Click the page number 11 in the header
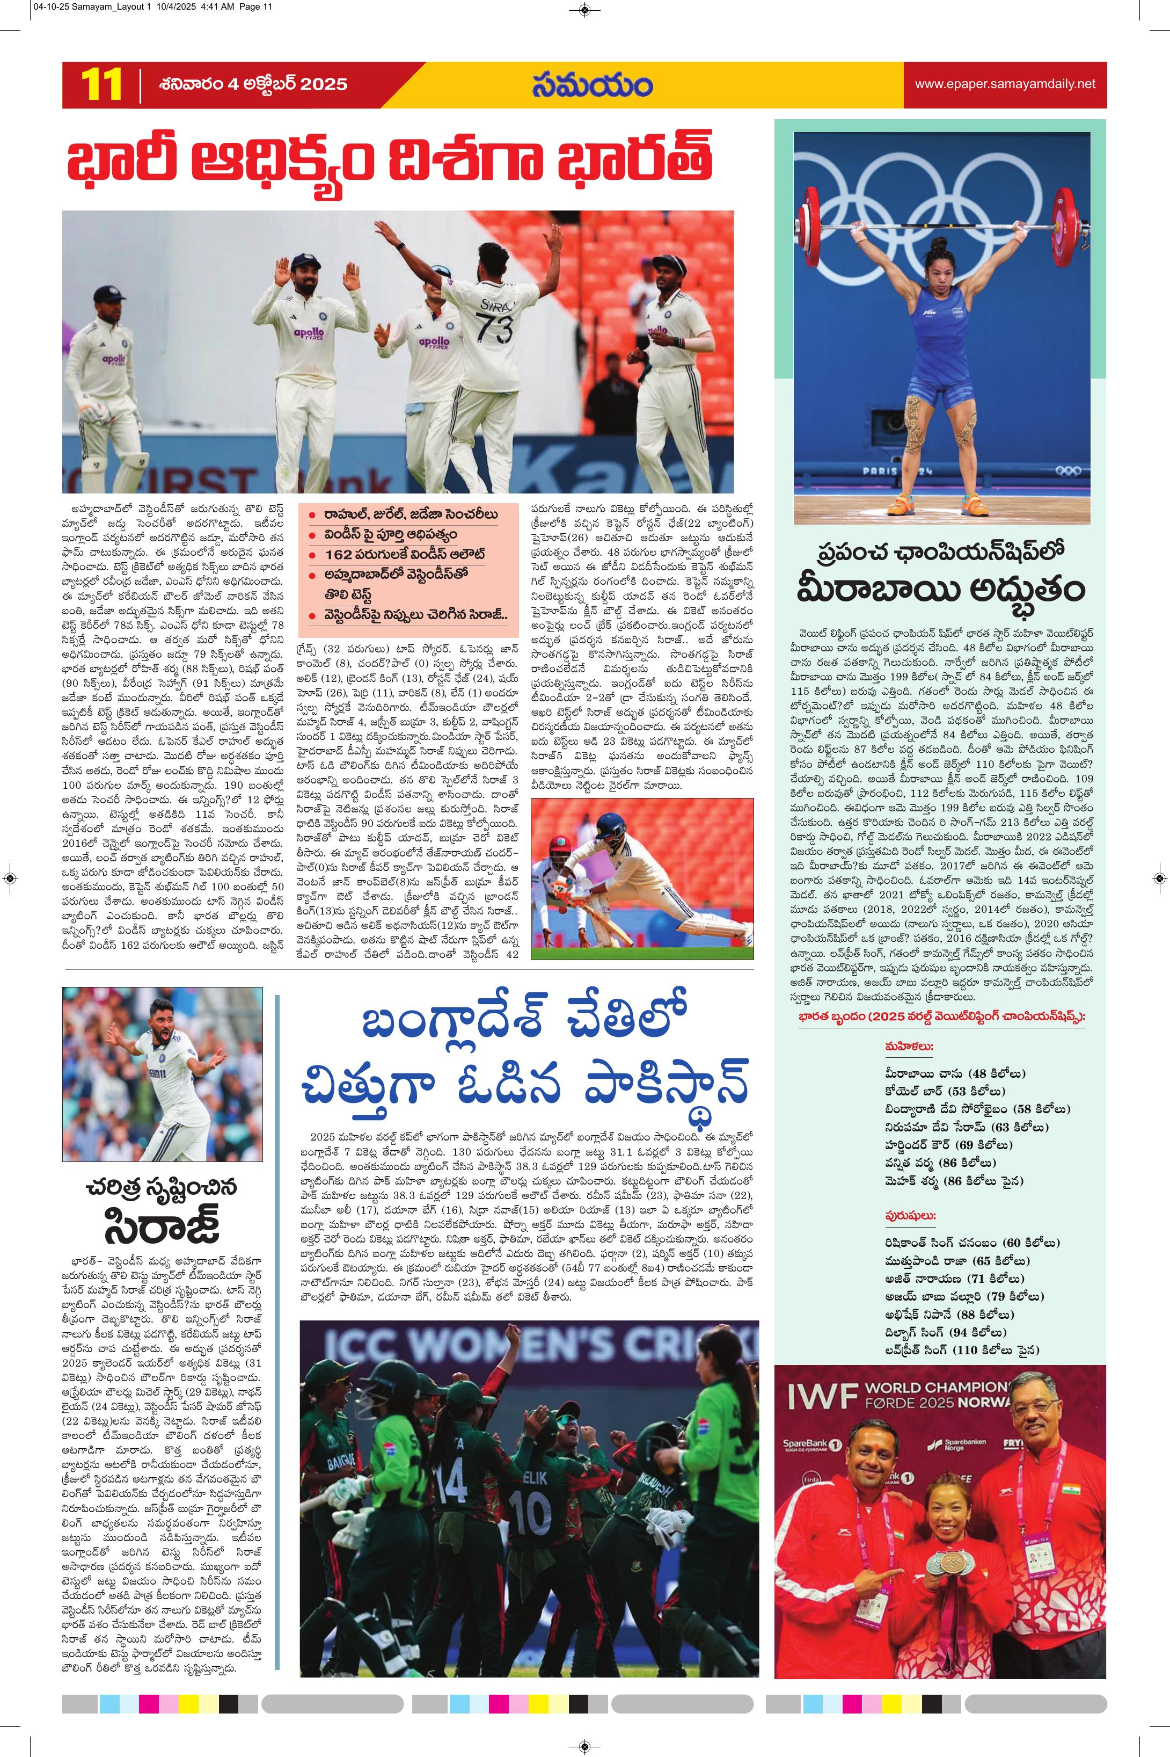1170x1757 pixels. point(101,84)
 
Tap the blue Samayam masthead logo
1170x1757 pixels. point(593,84)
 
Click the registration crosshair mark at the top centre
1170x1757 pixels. point(585,10)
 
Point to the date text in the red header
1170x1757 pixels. point(253,84)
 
